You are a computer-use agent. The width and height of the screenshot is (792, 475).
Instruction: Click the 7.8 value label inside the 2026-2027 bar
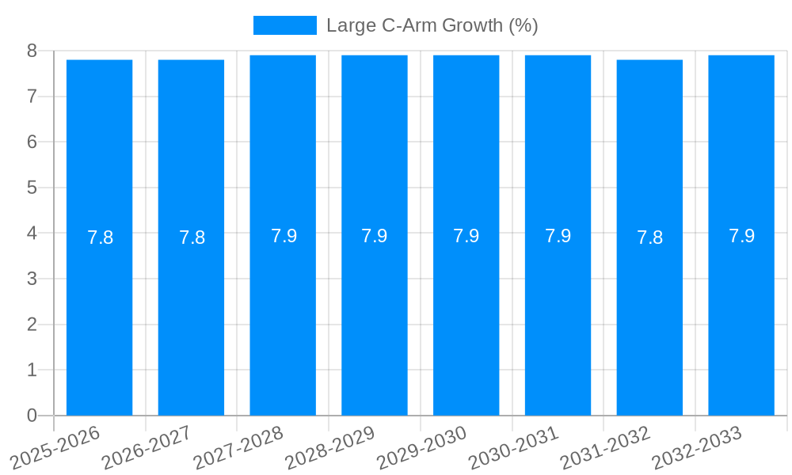tap(192, 237)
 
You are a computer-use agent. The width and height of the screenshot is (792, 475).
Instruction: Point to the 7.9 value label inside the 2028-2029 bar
tap(375, 236)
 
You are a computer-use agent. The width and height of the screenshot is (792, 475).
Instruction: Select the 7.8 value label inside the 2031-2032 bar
tap(649, 237)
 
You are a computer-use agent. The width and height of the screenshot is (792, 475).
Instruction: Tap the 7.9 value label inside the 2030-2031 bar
tap(558, 236)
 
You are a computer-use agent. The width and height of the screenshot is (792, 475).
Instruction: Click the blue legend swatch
tap(284, 25)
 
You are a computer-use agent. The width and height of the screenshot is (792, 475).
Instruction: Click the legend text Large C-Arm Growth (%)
tap(432, 25)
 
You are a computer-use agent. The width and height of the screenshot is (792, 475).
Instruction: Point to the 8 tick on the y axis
tap(32, 51)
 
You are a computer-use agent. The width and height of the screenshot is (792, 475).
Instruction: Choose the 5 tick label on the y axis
tap(32, 188)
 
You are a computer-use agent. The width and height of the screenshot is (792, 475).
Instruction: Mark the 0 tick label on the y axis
tap(32, 416)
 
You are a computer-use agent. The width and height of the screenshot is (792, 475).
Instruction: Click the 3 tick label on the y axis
tap(32, 279)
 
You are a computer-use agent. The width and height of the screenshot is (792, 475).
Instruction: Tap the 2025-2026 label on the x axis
tap(56, 447)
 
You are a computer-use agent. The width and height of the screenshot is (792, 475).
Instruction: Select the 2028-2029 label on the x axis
tap(331, 447)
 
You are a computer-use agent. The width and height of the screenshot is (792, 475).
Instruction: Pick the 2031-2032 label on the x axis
tap(607, 447)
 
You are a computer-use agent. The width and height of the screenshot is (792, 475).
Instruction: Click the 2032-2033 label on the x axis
tap(698, 447)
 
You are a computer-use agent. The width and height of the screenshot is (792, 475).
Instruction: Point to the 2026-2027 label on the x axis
tap(148, 447)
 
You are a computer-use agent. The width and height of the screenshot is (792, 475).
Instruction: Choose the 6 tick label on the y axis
tap(32, 142)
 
